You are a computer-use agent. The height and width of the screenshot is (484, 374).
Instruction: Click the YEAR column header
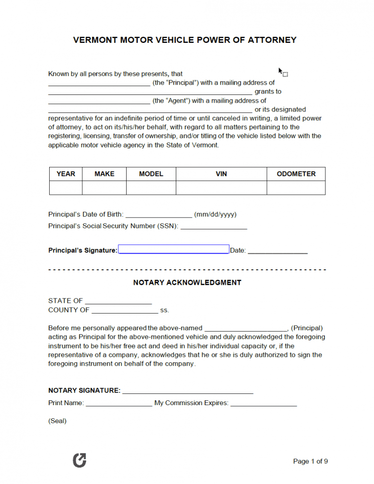[66, 174]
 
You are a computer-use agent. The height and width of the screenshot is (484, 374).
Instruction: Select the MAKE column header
[104, 174]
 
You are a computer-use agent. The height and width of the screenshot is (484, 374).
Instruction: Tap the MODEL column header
[151, 174]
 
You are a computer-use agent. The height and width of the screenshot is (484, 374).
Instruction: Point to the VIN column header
[221, 174]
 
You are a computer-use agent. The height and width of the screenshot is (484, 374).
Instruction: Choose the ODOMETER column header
[296, 174]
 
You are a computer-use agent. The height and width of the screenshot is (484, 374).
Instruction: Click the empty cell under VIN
[221, 187]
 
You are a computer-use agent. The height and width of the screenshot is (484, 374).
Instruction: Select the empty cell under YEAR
[66, 187]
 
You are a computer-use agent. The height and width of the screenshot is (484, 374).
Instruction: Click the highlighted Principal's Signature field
[174, 249]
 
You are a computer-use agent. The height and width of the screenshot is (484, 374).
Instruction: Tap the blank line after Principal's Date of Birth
[159, 215]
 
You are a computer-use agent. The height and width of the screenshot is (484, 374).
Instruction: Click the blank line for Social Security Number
[214, 226]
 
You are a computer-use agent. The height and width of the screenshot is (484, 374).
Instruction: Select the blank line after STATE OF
[118, 301]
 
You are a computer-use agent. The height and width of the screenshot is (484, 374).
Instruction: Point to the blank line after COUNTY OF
[125, 310]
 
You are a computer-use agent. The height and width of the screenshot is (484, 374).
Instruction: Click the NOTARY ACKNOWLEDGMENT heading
[187, 282]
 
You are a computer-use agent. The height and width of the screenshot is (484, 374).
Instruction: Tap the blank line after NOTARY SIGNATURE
[187, 391]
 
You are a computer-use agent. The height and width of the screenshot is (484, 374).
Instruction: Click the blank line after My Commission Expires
[263, 403]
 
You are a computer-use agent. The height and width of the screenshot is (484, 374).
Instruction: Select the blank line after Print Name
[119, 403]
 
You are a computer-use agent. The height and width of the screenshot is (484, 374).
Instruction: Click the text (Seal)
[57, 421]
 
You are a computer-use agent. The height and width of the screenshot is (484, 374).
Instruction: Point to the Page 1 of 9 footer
[310, 461]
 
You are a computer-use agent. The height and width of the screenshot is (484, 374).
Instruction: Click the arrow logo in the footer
[79, 460]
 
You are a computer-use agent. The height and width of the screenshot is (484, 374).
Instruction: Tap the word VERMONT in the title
[93, 40]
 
